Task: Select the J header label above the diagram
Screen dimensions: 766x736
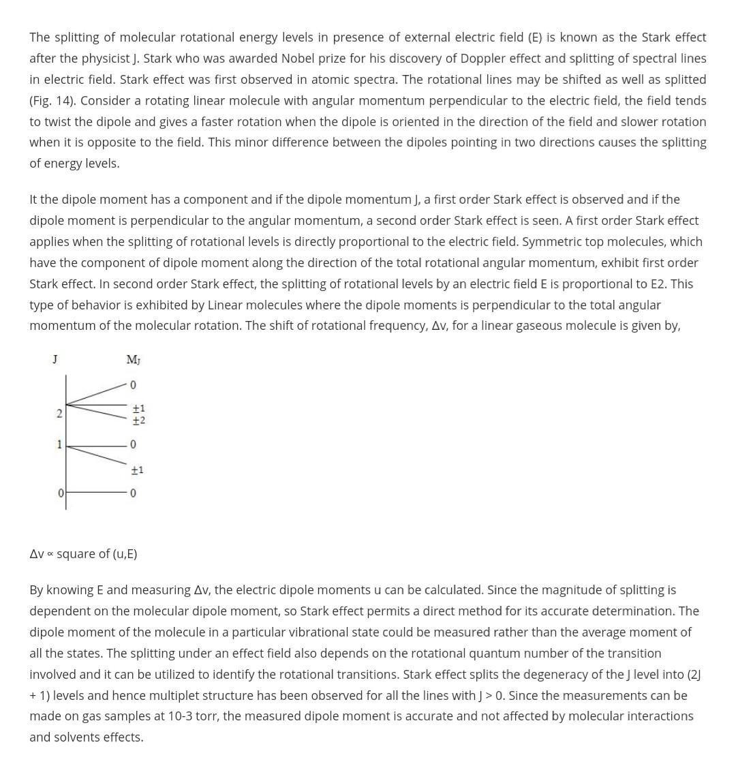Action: (55, 358)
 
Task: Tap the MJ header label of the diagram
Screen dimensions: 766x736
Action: (133, 359)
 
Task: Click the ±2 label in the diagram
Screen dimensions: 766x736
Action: (138, 420)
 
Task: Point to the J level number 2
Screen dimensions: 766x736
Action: (59, 414)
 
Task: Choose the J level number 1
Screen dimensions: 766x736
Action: (59, 444)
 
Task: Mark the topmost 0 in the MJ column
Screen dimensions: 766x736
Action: (134, 386)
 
